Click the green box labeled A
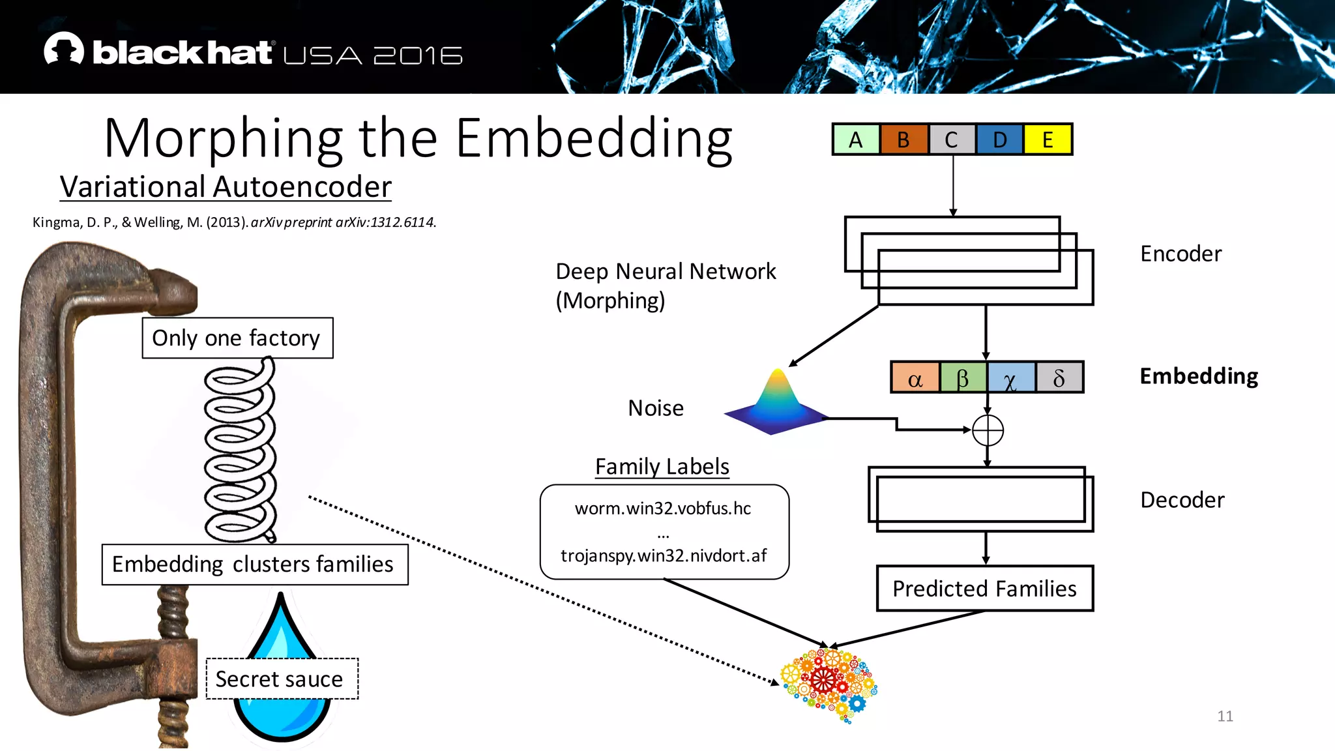pyautogui.click(x=856, y=140)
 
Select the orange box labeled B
pyautogui.click(x=903, y=140)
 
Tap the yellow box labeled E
pyautogui.click(x=1048, y=140)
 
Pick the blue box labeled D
pyautogui.click(x=999, y=140)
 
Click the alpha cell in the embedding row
pyautogui.click(x=915, y=377)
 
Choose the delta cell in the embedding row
pyautogui.click(x=1059, y=377)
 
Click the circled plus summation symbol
pyautogui.click(x=988, y=430)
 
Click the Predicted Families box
pyautogui.click(x=984, y=588)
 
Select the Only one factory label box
pyautogui.click(x=237, y=338)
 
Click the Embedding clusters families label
pyautogui.click(x=254, y=564)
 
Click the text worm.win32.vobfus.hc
pyautogui.click(x=663, y=508)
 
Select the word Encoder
pyautogui.click(x=1181, y=254)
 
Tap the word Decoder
pyautogui.click(x=1182, y=500)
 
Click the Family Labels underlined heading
pyautogui.click(x=662, y=467)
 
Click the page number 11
pyautogui.click(x=1225, y=716)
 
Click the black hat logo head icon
pyautogui.click(x=64, y=49)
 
